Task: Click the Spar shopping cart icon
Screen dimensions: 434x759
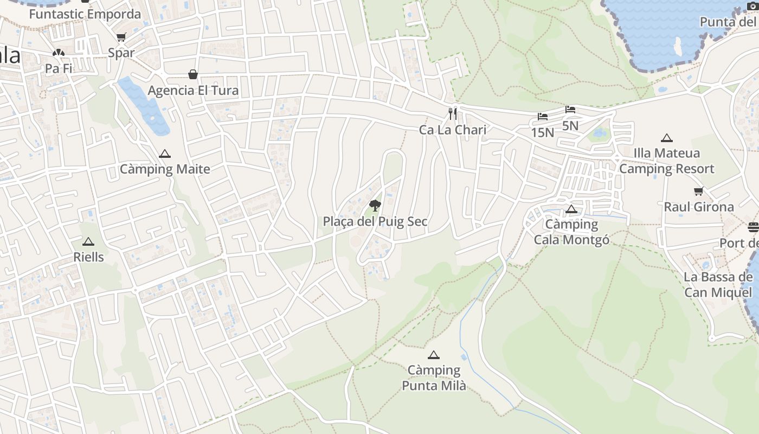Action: point(121,37)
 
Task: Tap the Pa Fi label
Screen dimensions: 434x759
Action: point(59,69)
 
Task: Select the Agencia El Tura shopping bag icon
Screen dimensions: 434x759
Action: point(192,74)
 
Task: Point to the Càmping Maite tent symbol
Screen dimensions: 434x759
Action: point(165,154)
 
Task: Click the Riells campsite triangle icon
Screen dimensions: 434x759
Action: point(88,241)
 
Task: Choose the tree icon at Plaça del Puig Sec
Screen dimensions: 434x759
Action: point(375,205)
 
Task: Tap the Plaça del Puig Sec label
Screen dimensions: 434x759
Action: point(375,221)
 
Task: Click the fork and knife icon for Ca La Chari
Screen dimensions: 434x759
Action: point(453,114)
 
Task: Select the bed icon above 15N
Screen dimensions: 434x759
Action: point(542,117)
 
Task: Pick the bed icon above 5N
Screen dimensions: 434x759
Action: point(570,110)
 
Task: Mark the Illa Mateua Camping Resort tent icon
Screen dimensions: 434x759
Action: point(666,138)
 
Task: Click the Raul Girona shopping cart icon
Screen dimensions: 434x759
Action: point(698,192)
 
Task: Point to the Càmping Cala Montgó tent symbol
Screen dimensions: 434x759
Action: point(571,209)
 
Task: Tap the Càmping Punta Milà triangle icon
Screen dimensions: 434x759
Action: point(433,355)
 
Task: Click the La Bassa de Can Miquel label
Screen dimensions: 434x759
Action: point(718,285)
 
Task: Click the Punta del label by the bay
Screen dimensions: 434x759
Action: point(727,22)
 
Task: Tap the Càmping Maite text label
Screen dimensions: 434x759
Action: point(165,169)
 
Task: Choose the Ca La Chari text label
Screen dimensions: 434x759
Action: point(453,130)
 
